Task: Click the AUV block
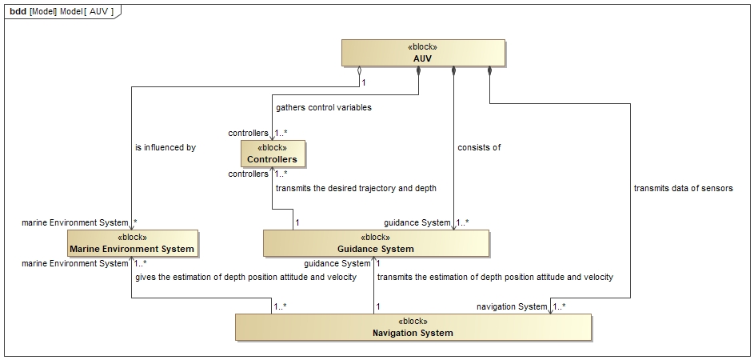pos(423,53)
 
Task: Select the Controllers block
pos(273,154)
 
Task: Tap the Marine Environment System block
pos(132,243)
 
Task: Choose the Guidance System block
pos(376,243)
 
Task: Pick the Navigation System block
pos(413,327)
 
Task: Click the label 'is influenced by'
pos(166,148)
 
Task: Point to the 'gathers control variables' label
pos(324,107)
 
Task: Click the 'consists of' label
pos(479,148)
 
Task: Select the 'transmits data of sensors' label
pos(684,188)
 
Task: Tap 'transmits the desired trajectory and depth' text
pos(356,188)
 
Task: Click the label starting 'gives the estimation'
pos(245,277)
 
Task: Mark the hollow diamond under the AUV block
pos(359,72)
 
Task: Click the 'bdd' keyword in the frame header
pos(18,11)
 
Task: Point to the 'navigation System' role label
pos(512,306)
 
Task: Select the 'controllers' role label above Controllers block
pos(248,133)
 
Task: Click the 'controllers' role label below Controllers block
pos(248,174)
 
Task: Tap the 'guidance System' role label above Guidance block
pos(417,223)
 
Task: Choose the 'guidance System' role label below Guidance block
pos(337,264)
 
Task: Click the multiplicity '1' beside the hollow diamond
pos(364,82)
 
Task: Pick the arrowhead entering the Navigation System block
pos(551,311)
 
